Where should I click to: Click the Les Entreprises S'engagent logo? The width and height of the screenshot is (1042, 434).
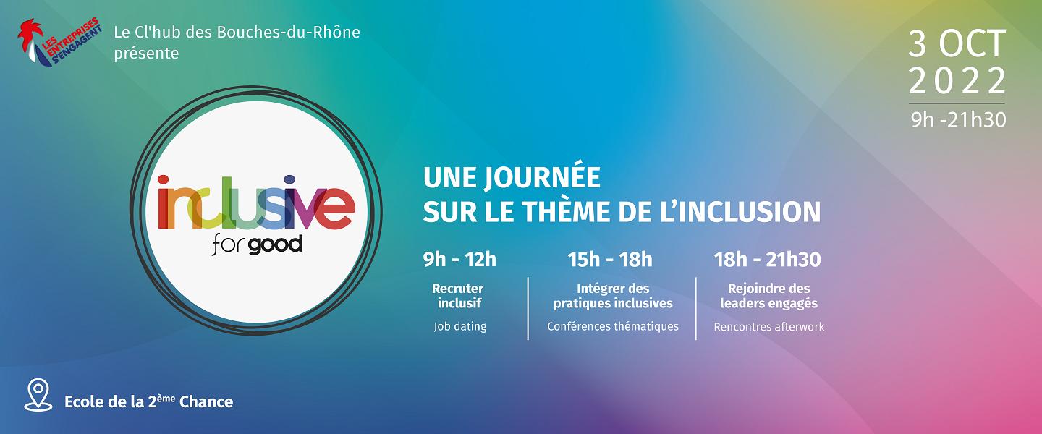(x=59, y=43)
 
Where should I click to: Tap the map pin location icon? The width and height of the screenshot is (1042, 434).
(x=38, y=395)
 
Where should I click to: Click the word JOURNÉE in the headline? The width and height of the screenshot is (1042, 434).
(x=543, y=178)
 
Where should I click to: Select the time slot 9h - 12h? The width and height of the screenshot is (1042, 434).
(x=459, y=260)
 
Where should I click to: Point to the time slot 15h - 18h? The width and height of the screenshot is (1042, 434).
(x=610, y=260)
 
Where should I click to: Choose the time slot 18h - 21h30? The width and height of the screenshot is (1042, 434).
(x=768, y=260)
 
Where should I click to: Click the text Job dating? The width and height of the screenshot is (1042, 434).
(x=460, y=326)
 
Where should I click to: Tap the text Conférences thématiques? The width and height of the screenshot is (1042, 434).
(x=613, y=326)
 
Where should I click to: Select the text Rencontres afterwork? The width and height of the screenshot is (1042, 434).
(x=769, y=326)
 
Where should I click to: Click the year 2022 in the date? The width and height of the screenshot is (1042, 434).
(x=957, y=81)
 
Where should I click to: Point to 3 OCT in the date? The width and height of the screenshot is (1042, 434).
(x=957, y=43)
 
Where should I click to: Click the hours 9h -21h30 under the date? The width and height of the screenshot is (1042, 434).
(x=958, y=120)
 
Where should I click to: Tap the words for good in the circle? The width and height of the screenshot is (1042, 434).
(x=258, y=245)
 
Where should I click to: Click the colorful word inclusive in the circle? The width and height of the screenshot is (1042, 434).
(x=256, y=203)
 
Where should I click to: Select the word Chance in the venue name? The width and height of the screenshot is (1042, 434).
(x=206, y=401)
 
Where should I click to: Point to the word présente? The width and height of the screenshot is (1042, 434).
(x=146, y=54)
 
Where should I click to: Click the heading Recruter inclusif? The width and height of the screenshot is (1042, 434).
(x=458, y=295)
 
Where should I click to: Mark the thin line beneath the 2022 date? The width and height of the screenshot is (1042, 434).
(x=957, y=103)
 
